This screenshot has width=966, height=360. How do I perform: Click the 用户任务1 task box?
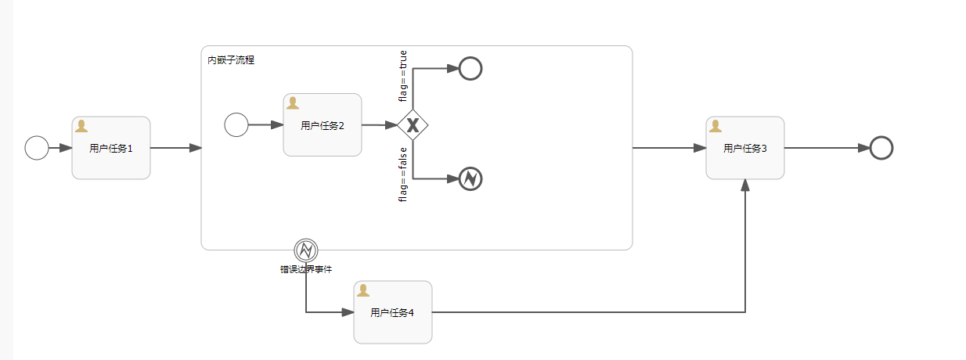click(111, 148)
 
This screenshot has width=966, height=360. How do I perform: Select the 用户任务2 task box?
click(323, 125)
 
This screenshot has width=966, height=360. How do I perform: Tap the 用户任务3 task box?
click(745, 148)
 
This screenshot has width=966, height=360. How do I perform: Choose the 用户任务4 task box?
click(393, 312)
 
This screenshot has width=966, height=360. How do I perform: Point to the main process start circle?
click(37, 148)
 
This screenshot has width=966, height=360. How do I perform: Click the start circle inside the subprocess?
click(236, 124)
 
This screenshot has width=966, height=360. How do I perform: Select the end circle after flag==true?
click(470, 69)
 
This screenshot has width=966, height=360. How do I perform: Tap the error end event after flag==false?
click(470, 179)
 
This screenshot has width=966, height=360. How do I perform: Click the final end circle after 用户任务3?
click(881, 148)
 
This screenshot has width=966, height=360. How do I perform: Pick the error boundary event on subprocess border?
click(306, 250)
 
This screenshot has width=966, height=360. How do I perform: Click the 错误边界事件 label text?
click(306, 269)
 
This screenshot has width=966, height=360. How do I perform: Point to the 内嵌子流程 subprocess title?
click(231, 60)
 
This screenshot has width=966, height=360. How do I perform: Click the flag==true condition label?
click(403, 77)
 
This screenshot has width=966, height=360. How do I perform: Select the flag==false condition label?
click(403, 175)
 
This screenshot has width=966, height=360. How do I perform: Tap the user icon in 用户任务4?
click(363, 290)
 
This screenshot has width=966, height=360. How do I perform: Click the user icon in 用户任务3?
click(715, 126)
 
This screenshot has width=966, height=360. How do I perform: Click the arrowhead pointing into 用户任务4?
click(348, 312)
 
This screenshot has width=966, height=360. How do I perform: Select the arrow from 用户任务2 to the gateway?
click(380, 125)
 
